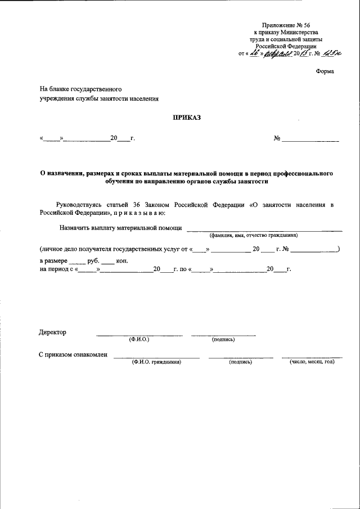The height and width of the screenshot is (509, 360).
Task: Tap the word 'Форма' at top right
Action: (324, 71)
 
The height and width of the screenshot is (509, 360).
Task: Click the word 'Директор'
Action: (52, 332)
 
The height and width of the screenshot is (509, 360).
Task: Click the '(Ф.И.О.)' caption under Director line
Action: (139, 340)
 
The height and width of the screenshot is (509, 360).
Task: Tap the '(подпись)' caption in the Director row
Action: (223, 340)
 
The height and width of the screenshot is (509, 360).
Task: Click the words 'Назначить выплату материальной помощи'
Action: (120, 228)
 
